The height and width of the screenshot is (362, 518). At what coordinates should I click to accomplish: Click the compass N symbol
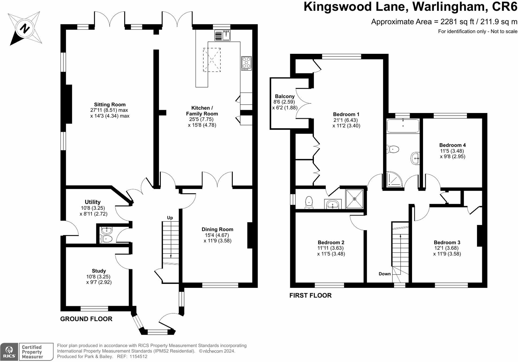coord(25,28)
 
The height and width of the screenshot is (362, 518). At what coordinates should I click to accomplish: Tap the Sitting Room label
coord(110,105)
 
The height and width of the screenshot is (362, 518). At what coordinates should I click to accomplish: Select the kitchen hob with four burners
coord(246,63)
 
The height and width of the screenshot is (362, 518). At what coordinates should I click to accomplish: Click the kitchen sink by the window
coord(223,35)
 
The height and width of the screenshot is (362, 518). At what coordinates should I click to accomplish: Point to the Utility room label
coord(93,202)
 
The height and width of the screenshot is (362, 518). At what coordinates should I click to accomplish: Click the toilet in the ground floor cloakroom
coord(106,239)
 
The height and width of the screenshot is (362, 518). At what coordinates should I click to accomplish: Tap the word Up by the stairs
coord(170,218)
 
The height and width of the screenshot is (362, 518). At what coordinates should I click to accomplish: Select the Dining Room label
coord(217,229)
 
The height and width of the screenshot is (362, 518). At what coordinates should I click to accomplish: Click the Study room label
coord(99,271)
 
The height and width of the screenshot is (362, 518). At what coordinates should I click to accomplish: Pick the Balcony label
coord(285,96)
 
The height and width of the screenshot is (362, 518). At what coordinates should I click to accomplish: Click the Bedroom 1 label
coord(346,114)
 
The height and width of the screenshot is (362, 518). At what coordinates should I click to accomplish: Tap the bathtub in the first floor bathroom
coord(403,126)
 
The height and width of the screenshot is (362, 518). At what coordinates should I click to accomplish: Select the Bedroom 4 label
coord(452,145)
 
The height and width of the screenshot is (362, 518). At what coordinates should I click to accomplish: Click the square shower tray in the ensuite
coord(355,199)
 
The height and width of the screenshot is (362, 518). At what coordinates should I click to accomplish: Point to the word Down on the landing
coord(385,274)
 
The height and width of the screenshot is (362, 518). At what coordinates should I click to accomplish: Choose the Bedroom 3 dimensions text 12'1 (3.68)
coord(447,248)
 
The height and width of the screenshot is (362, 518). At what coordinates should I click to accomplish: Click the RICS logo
coord(9,352)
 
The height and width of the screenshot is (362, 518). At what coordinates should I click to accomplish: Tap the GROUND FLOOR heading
coord(86,319)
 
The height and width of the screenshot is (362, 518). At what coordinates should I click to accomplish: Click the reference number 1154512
coord(138,357)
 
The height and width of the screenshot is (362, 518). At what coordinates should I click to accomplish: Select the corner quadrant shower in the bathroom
coord(394,179)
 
